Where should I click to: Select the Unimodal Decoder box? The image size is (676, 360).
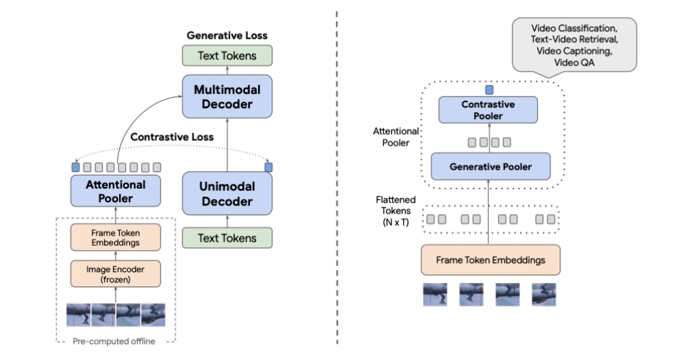[227, 194]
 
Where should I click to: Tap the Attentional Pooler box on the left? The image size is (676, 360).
[116, 191]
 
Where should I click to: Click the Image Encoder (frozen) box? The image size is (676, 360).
[116, 274]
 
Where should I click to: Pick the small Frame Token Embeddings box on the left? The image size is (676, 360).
[116, 237]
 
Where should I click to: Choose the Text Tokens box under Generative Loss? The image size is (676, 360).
[227, 56]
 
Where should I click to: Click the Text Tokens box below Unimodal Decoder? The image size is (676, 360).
[227, 238]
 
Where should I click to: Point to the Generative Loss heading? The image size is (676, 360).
[227, 35]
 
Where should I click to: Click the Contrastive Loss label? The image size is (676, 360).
[172, 137]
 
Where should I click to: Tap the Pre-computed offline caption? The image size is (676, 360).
[116, 342]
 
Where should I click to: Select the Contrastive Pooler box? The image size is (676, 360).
[488, 110]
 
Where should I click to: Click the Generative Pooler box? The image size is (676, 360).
[490, 167]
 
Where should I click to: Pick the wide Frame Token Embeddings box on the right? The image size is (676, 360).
[490, 260]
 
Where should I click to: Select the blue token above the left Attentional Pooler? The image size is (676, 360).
[75, 167]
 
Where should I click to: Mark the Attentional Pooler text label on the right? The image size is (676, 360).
[396, 137]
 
